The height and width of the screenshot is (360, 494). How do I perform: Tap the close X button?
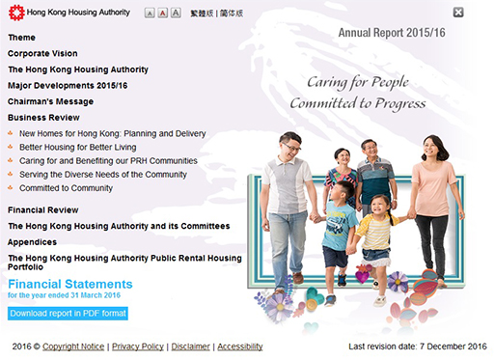[x=458, y=13]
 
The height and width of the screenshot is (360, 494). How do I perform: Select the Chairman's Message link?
[x=50, y=101]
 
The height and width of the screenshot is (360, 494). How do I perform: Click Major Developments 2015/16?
[x=68, y=86]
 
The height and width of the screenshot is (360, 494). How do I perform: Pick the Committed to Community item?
[x=66, y=188]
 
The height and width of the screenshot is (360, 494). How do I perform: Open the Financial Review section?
[x=43, y=209]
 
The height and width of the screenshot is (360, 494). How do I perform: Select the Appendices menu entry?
[x=32, y=242]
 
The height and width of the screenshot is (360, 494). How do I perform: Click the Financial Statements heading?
[x=69, y=285]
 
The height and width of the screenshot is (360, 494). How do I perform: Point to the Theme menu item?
[x=21, y=37]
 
